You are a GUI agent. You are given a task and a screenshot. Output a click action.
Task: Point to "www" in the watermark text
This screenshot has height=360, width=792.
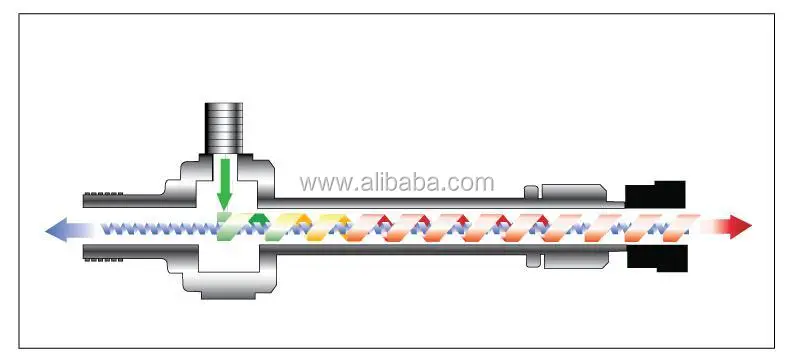[x=323, y=183]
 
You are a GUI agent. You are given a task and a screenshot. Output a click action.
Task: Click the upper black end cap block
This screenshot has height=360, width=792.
[x=655, y=194]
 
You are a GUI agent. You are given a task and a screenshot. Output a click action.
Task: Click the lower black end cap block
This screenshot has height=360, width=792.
[x=655, y=259]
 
